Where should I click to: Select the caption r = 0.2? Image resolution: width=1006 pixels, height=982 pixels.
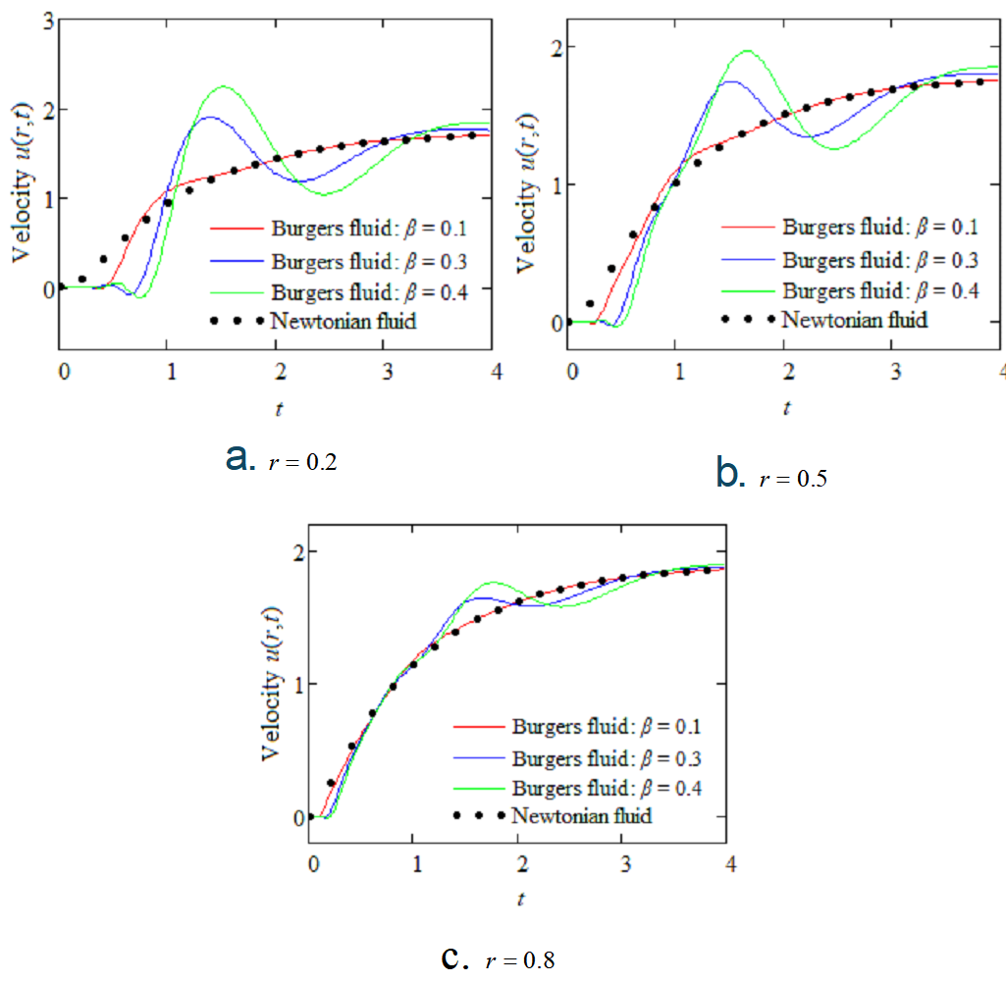coord(302,463)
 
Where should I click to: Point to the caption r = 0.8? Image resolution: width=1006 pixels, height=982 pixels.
coord(520,960)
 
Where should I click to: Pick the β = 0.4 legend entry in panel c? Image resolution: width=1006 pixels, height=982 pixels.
coord(607,788)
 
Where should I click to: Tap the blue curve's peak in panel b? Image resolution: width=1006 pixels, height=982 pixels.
coord(731,82)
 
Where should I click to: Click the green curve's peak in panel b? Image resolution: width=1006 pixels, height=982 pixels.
coord(748,51)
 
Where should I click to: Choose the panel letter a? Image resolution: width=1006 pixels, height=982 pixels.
coord(237,456)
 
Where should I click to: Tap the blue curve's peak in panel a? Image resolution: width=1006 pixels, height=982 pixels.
coord(209,118)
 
